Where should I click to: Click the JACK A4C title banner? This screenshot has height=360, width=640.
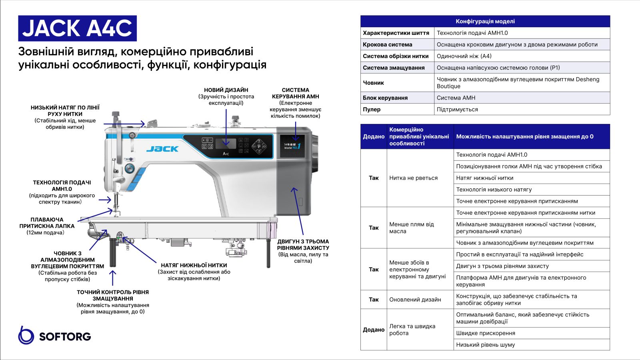click(77, 28)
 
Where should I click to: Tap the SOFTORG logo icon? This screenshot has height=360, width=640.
click(26, 335)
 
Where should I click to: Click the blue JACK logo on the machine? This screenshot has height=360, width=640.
click(162, 149)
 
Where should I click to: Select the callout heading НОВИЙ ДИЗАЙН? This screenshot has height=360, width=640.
click(226, 90)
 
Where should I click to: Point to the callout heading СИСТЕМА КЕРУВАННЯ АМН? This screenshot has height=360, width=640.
click(295, 93)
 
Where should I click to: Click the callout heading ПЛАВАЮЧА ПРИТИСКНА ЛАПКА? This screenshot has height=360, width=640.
click(47, 223)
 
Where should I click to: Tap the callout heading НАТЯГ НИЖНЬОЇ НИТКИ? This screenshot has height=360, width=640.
click(194, 265)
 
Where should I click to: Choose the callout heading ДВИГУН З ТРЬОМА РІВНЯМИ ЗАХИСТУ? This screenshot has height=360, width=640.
click(303, 245)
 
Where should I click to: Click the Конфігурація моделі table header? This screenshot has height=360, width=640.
click(485, 21)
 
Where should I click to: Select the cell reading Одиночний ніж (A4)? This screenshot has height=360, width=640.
click(464, 56)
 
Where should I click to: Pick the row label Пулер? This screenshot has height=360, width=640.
click(372, 109)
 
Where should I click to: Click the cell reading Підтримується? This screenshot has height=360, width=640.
click(457, 109)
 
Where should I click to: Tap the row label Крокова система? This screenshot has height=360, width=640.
click(387, 44)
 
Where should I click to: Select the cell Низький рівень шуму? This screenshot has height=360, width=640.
click(485, 344)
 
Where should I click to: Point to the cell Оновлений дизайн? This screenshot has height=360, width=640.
click(415, 300)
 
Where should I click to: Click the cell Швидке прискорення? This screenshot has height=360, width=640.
click(486, 333)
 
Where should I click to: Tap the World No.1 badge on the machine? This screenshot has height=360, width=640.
click(292, 146)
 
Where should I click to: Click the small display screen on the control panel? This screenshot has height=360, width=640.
click(226, 143)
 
